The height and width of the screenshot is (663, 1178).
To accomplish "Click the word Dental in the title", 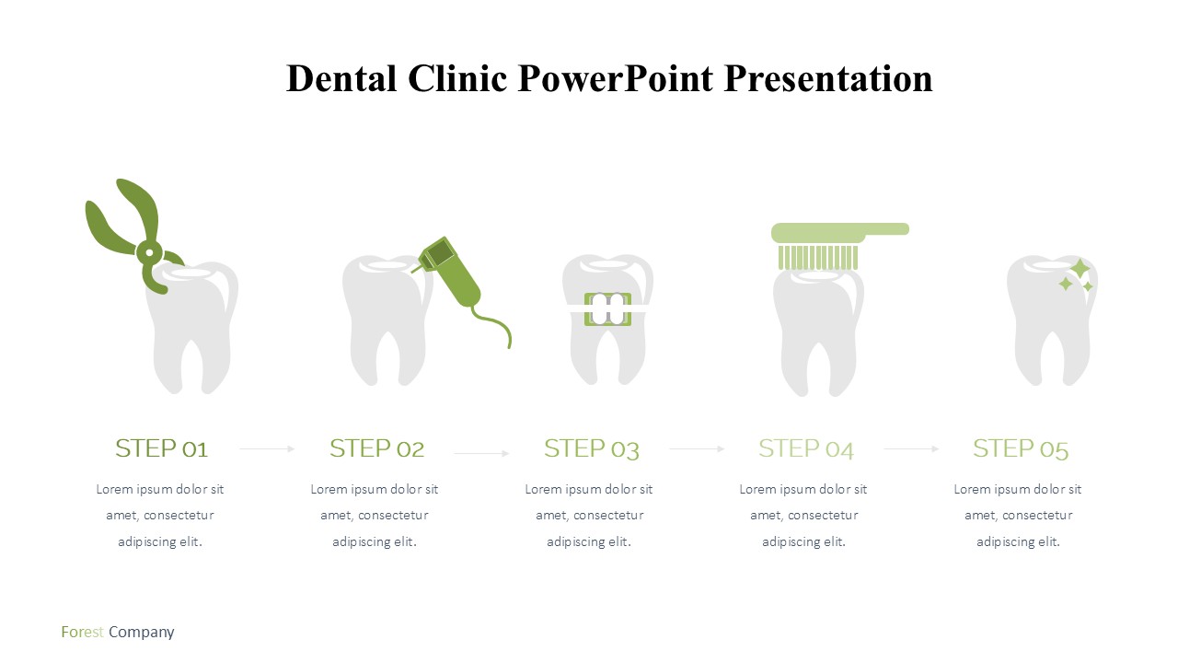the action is pos(341,78).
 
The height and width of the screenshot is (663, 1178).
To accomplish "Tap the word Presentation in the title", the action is pos(827,78).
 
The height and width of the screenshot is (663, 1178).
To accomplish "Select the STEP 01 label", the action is pos(161,448).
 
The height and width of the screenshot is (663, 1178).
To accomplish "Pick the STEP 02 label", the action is pos(376,448).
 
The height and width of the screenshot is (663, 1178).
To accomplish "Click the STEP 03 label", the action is pos(592,449).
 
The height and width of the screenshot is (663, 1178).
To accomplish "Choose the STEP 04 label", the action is pos(805,449).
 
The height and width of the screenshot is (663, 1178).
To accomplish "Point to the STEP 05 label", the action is pos(1021,449).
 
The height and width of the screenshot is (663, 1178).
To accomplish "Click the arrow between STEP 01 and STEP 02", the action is pos(267,448).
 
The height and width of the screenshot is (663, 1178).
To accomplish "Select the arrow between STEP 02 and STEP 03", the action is pos(481,453).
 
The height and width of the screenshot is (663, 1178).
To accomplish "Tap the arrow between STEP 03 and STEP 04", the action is pos(697,448).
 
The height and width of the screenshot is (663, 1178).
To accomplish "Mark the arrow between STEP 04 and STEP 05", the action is pos(911,448).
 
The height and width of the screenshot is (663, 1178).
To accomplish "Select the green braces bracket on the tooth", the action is pos(607,309).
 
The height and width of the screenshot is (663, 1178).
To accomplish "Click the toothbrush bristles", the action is pos(818,257).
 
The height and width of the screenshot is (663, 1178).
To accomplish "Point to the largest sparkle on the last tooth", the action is pos(1080,269).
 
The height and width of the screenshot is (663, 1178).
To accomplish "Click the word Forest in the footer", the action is pos(83,632).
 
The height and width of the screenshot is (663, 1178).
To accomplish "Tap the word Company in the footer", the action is pos(142,633).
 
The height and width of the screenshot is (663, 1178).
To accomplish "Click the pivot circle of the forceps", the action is pos(149,252).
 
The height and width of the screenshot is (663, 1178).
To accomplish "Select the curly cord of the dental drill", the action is pos(494,323).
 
